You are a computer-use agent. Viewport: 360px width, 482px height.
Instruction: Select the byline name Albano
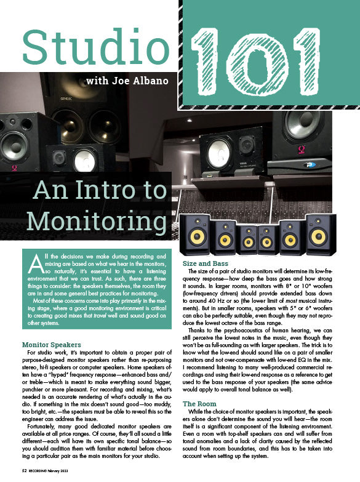(x=151, y=80)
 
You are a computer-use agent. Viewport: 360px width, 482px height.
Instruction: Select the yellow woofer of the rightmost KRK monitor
(x=319, y=236)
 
